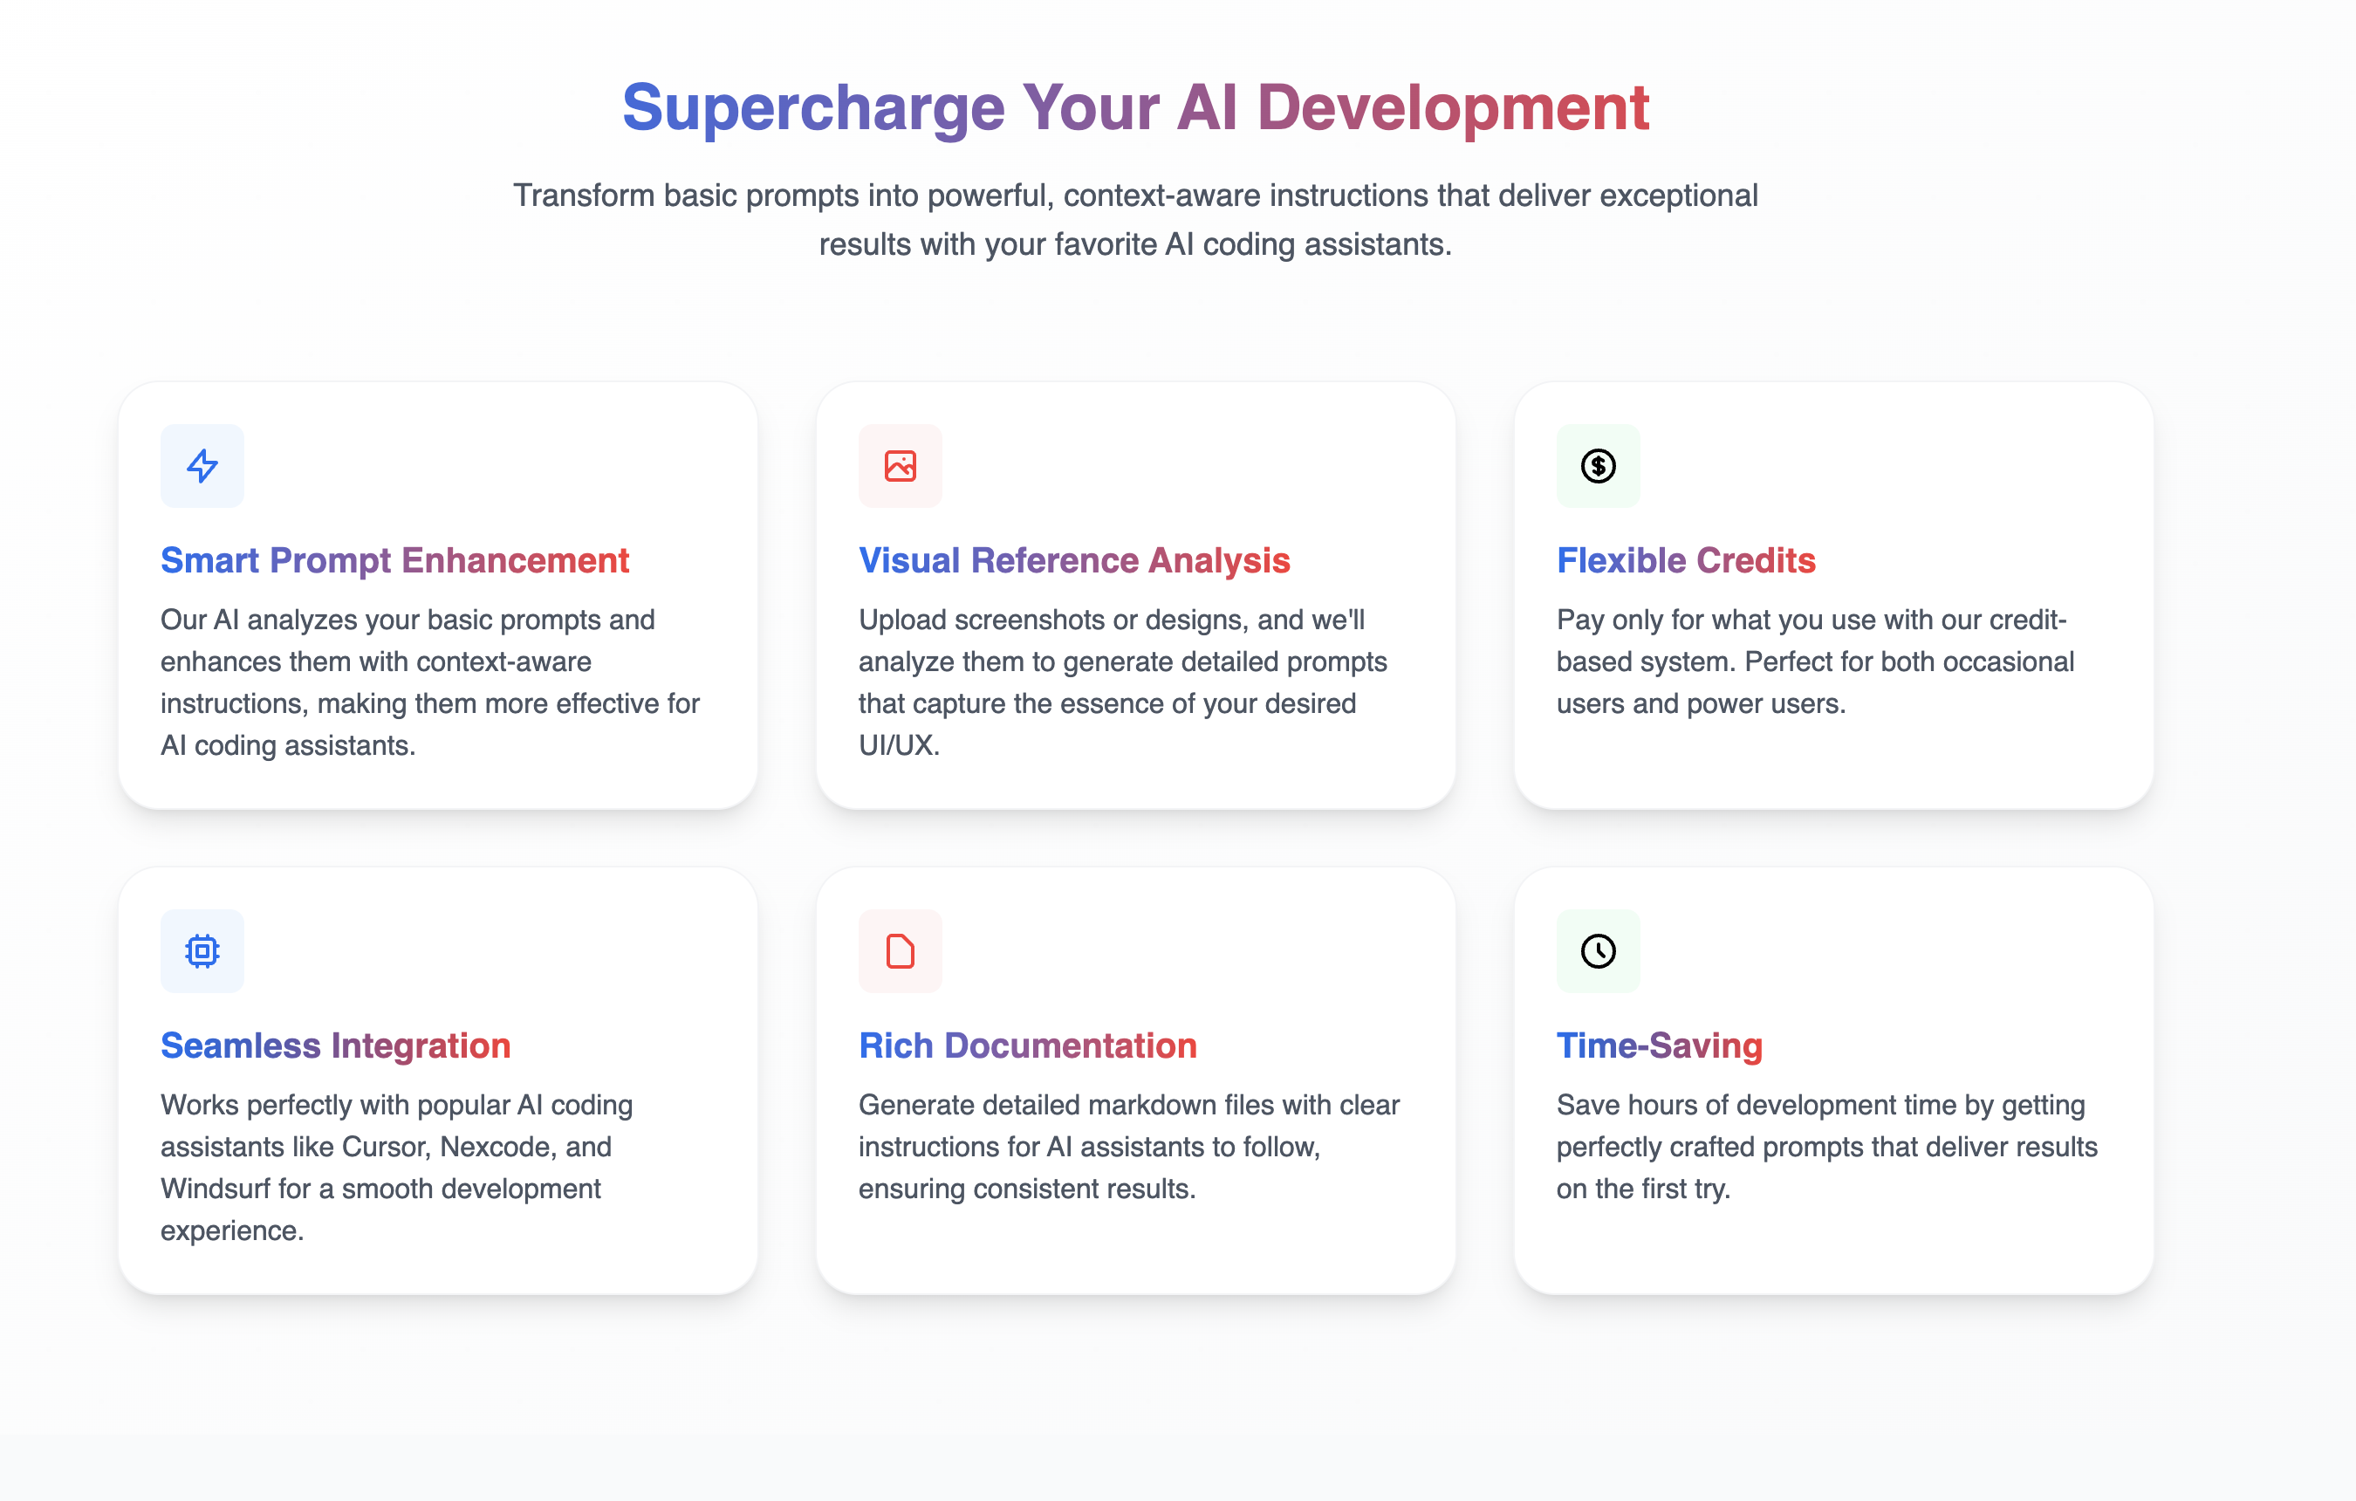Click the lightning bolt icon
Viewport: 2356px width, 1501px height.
point(202,466)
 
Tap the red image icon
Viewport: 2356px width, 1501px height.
point(901,466)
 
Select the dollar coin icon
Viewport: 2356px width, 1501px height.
point(1598,466)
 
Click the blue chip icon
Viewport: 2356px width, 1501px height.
point(202,950)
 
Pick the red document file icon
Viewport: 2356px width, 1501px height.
point(901,950)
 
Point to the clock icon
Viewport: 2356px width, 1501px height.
point(1598,950)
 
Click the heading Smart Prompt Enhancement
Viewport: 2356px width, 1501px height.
point(394,560)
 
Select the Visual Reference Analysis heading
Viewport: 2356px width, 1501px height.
point(1074,560)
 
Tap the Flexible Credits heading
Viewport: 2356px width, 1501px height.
point(1686,560)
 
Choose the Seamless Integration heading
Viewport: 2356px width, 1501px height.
point(336,1046)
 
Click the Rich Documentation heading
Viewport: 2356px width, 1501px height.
point(1027,1046)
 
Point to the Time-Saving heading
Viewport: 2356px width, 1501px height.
point(1660,1046)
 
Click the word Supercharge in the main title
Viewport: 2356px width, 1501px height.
point(813,108)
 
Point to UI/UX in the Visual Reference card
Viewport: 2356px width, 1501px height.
point(898,745)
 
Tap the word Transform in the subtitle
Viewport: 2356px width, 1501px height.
point(584,195)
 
